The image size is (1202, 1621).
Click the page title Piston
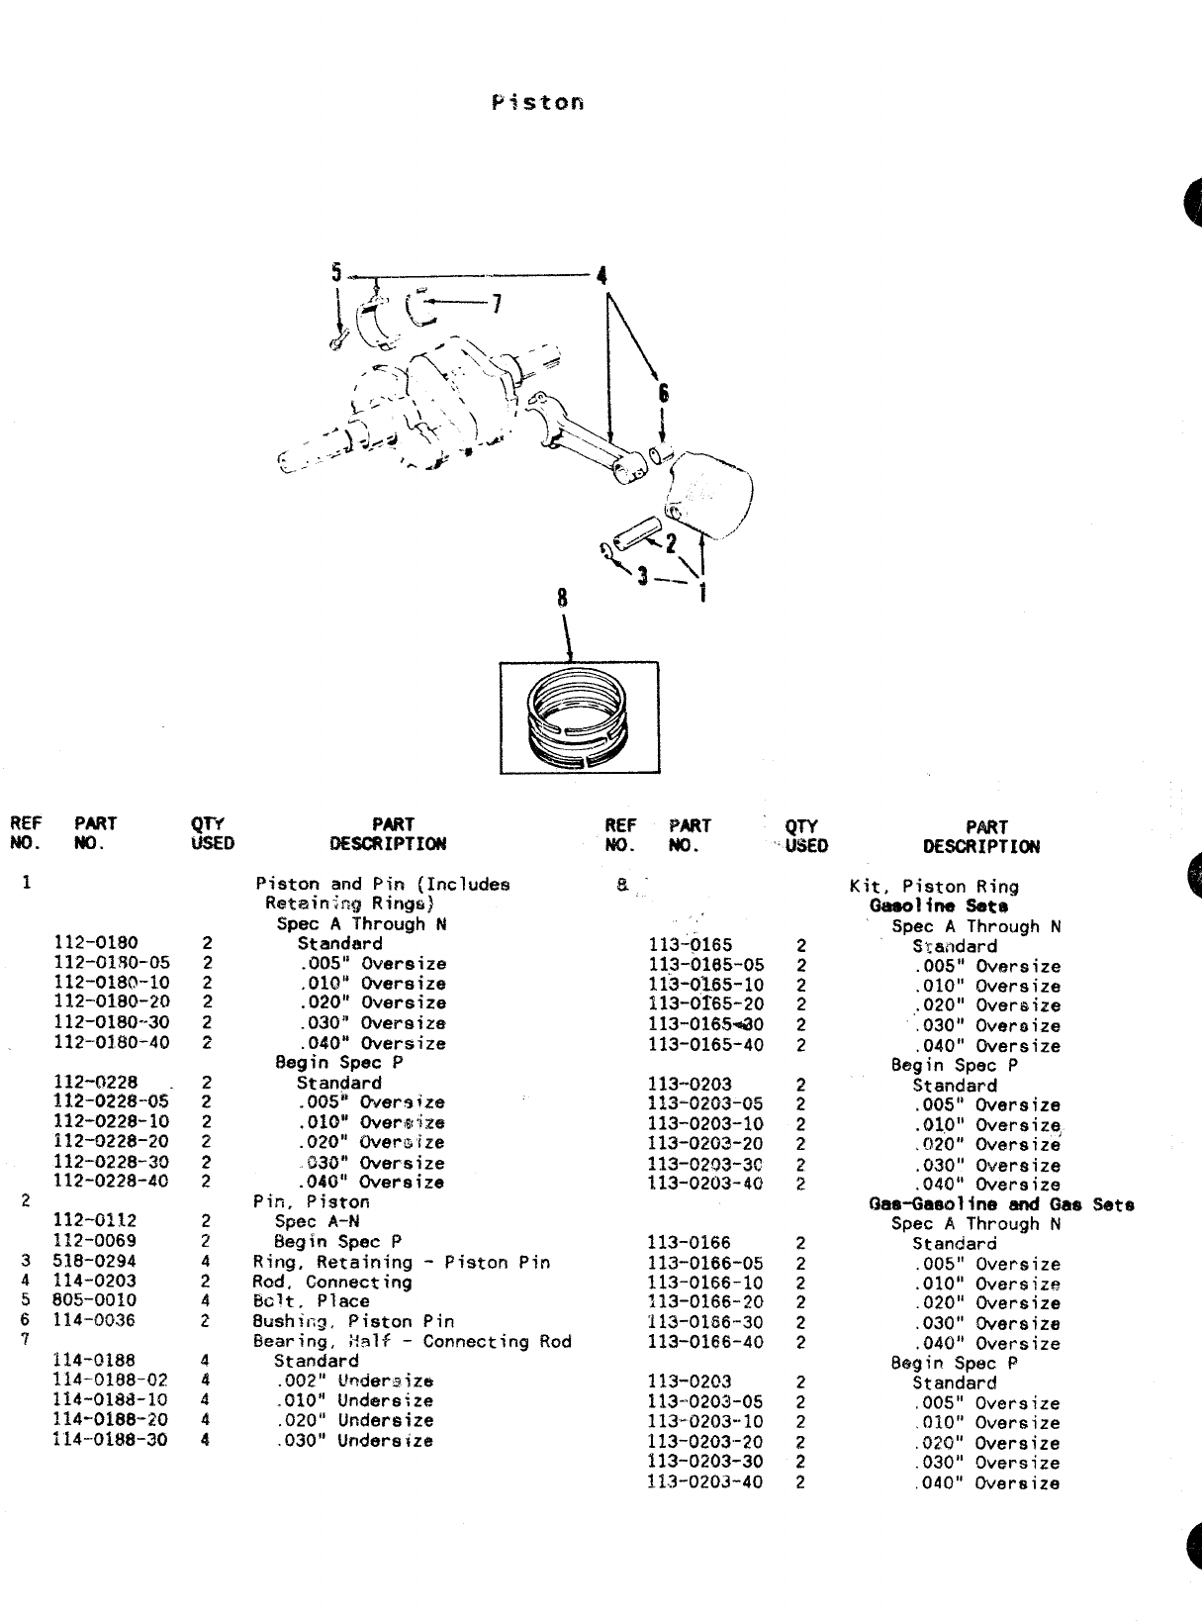tap(537, 103)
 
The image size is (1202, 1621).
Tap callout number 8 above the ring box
tap(562, 598)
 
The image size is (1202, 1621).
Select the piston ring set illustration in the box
tap(579, 717)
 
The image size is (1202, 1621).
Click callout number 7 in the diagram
tap(497, 303)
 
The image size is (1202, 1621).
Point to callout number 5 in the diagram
tap(336, 272)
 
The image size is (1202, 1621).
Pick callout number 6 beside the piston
tap(663, 394)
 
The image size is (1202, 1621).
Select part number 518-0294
tap(94, 1262)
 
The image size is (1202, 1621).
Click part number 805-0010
tap(94, 1300)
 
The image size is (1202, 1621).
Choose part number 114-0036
tap(94, 1320)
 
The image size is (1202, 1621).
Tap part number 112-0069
tap(95, 1241)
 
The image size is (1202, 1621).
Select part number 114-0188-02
tap(110, 1381)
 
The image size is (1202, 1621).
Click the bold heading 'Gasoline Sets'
tap(939, 906)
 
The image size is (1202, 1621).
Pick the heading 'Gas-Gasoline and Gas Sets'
tap(1001, 1204)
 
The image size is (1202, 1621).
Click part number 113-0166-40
tap(705, 1343)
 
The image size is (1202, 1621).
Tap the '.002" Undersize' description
tap(355, 1382)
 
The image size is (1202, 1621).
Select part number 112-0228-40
tap(111, 1182)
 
